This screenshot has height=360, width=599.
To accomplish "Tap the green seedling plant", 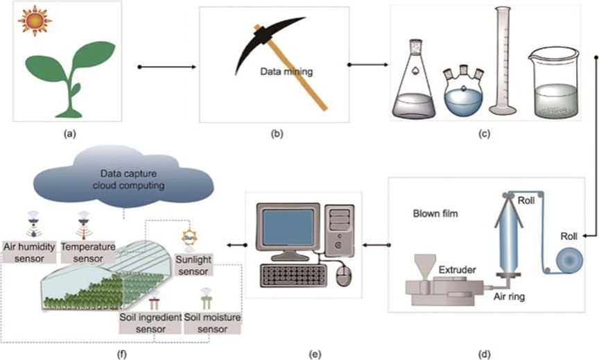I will tap(67, 76).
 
